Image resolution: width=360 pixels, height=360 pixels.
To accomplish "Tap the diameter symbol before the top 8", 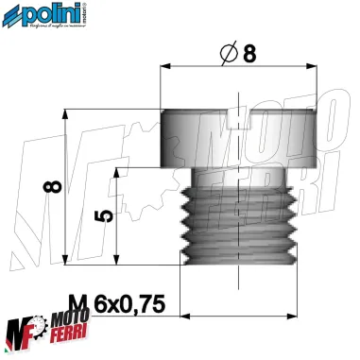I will point(226,56).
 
